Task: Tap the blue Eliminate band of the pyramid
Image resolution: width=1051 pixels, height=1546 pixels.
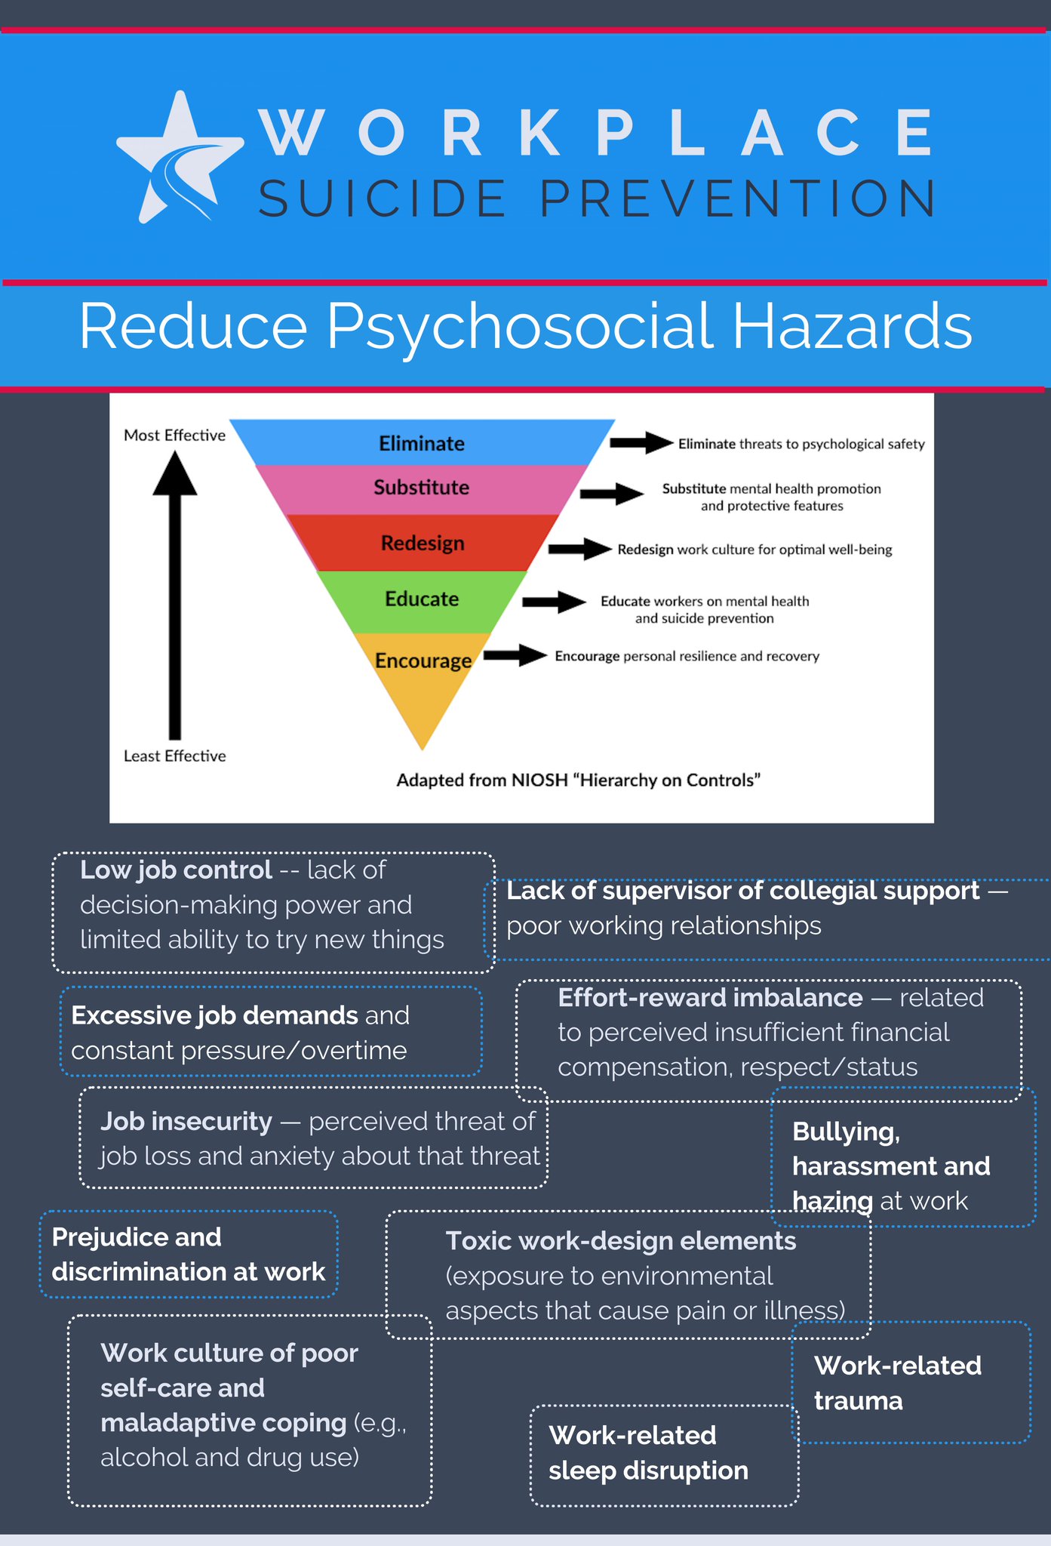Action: (x=422, y=442)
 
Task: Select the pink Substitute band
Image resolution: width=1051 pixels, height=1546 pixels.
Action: (x=422, y=489)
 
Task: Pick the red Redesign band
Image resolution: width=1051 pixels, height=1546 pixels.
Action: (x=423, y=543)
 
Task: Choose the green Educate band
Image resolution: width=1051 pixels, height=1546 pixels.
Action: (x=422, y=601)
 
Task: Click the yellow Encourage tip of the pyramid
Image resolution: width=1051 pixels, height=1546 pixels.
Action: (x=423, y=672)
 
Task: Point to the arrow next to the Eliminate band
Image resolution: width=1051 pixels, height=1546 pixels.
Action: (x=641, y=442)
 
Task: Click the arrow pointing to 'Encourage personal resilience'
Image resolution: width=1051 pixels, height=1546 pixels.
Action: (x=515, y=655)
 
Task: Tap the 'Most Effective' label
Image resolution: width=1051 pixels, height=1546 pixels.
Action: (x=174, y=436)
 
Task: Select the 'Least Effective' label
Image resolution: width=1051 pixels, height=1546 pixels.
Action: (x=174, y=756)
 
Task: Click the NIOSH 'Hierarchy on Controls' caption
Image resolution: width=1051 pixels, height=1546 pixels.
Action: (x=578, y=781)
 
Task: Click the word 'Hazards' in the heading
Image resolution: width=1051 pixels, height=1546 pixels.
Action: (x=852, y=326)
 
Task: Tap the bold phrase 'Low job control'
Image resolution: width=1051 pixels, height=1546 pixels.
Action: (x=176, y=870)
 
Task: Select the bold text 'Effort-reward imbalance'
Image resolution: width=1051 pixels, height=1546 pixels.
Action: (x=710, y=998)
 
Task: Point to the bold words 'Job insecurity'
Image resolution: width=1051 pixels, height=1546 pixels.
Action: (x=186, y=1122)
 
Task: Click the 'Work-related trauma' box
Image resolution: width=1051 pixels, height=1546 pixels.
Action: (x=911, y=1383)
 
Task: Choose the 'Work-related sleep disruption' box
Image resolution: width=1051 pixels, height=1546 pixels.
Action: (x=664, y=1455)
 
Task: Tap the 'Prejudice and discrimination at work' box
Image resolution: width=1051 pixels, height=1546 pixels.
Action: (x=189, y=1255)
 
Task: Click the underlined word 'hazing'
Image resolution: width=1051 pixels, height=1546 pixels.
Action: (x=832, y=1201)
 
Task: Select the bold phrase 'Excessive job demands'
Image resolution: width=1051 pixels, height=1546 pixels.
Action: (x=214, y=1016)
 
